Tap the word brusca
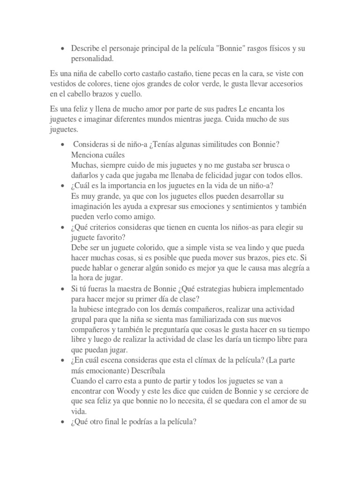(272, 165)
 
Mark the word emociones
(199, 206)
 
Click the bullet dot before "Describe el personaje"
(62, 49)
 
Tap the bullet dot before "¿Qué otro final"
(62, 421)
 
